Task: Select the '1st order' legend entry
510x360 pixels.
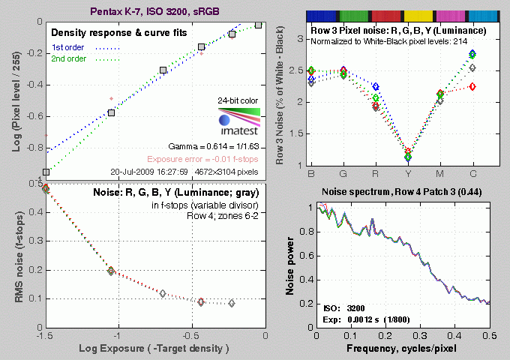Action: [68, 47]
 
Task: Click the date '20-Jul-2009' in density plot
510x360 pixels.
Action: [134, 172]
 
